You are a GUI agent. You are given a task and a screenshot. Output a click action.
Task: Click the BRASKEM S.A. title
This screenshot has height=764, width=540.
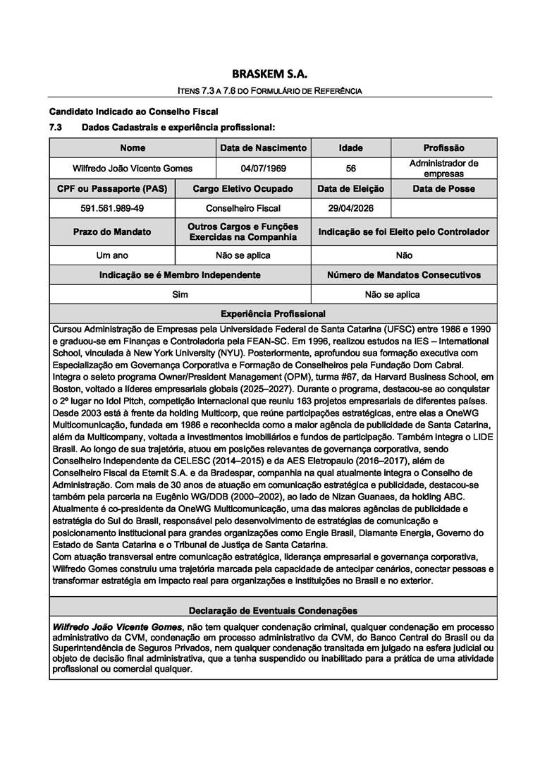(x=270, y=73)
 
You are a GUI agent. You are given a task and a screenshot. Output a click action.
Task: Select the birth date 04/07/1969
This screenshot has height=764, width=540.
(x=263, y=169)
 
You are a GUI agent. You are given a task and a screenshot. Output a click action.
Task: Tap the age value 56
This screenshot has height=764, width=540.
(x=350, y=169)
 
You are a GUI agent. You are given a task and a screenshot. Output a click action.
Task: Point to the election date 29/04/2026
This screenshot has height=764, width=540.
(x=350, y=208)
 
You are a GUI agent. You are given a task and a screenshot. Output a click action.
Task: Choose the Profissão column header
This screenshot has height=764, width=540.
(x=443, y=148)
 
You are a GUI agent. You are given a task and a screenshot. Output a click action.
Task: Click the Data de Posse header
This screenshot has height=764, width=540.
(x=443, y=188)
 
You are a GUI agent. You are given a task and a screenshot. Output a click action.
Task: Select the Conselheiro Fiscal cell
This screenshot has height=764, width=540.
(x=243, y=208)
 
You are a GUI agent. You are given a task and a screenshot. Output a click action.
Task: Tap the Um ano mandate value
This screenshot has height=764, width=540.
(x=112, y=255)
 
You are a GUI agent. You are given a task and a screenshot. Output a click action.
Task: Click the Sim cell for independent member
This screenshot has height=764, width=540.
(x=180, y=294)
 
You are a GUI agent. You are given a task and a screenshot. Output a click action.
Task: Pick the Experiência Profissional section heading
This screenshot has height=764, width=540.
(x=273, y=313)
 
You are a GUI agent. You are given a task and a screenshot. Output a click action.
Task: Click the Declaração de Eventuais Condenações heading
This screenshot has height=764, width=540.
(x=273, y=610)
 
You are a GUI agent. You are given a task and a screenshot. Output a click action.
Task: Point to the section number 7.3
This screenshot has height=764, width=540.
(x=56, y=128)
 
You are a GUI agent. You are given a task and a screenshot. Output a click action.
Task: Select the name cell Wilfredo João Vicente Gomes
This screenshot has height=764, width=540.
(x=133, y=169)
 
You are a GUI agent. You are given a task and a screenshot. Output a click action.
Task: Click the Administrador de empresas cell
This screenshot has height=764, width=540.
(x=443, y=168)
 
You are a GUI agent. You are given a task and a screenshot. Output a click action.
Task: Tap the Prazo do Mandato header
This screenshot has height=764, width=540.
(x=112, y=231)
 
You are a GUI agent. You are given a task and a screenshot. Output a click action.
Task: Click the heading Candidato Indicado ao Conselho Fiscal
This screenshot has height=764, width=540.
(x=133, y=111)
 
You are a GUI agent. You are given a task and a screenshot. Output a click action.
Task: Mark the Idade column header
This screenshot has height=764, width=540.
(x=350, y=148)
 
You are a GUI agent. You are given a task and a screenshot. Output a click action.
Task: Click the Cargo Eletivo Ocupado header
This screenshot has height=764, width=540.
(x=243, y=188)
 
